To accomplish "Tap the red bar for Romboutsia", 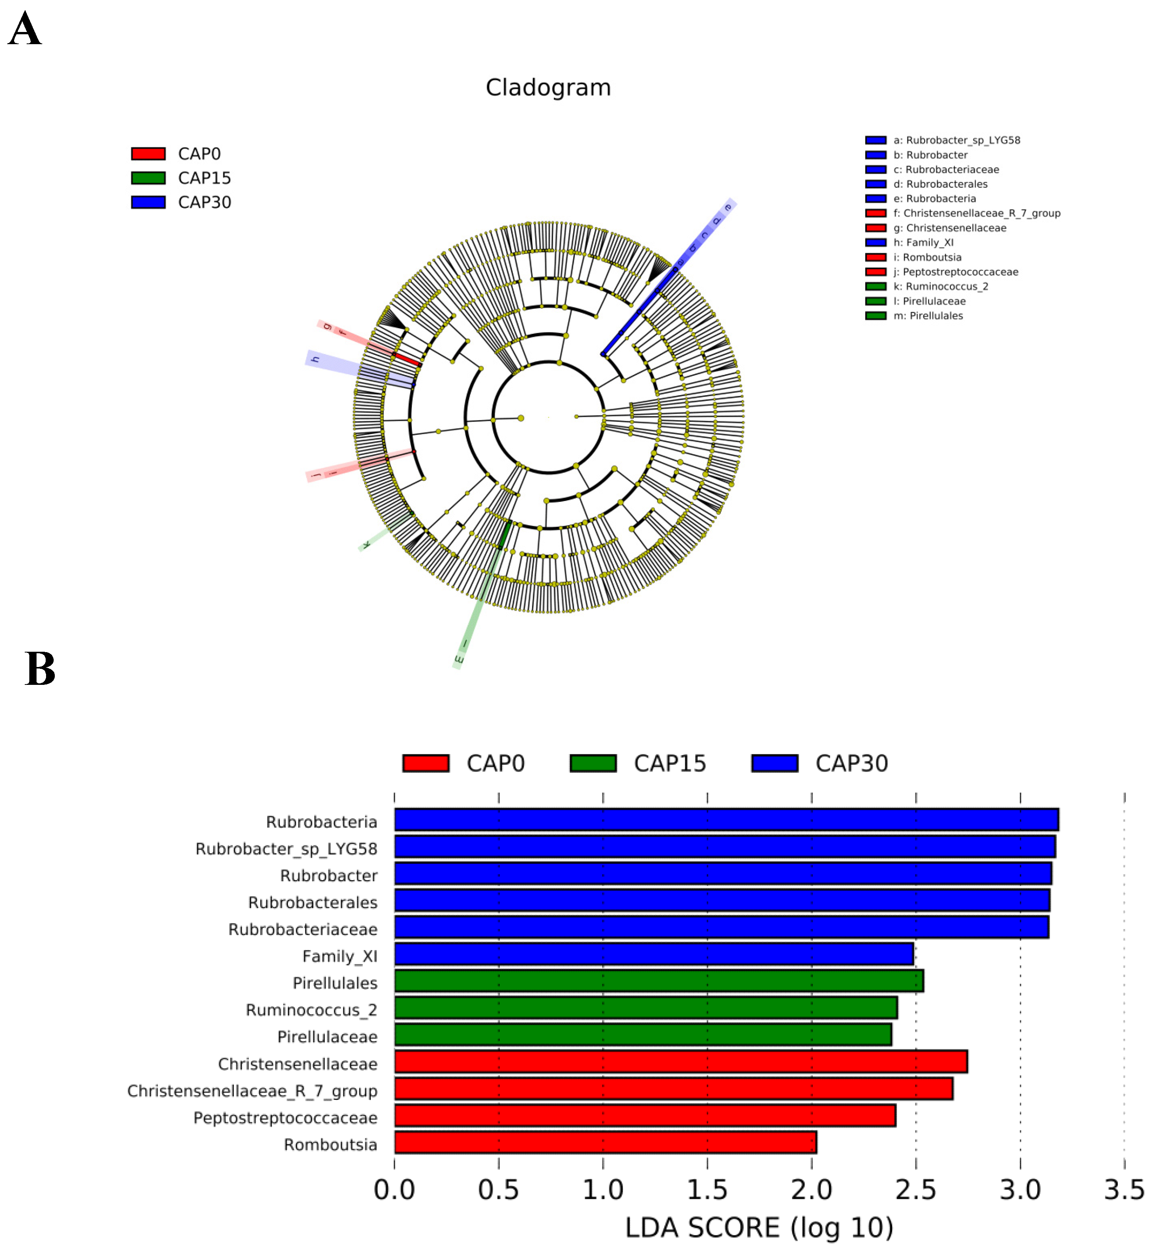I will [606, 1142].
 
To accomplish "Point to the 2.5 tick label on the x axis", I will [915, 1190].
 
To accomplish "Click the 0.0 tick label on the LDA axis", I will [394, 1190].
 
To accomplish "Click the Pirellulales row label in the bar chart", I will [335, 983].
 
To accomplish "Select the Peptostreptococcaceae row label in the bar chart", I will [285, 1118].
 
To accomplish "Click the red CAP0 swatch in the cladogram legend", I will [148, 154].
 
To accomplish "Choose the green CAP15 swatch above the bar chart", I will [593, 763].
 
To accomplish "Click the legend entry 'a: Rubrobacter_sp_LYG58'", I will [957, 140].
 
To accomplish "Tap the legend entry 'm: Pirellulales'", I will [928, 316].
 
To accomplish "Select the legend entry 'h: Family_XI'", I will [923, 243].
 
